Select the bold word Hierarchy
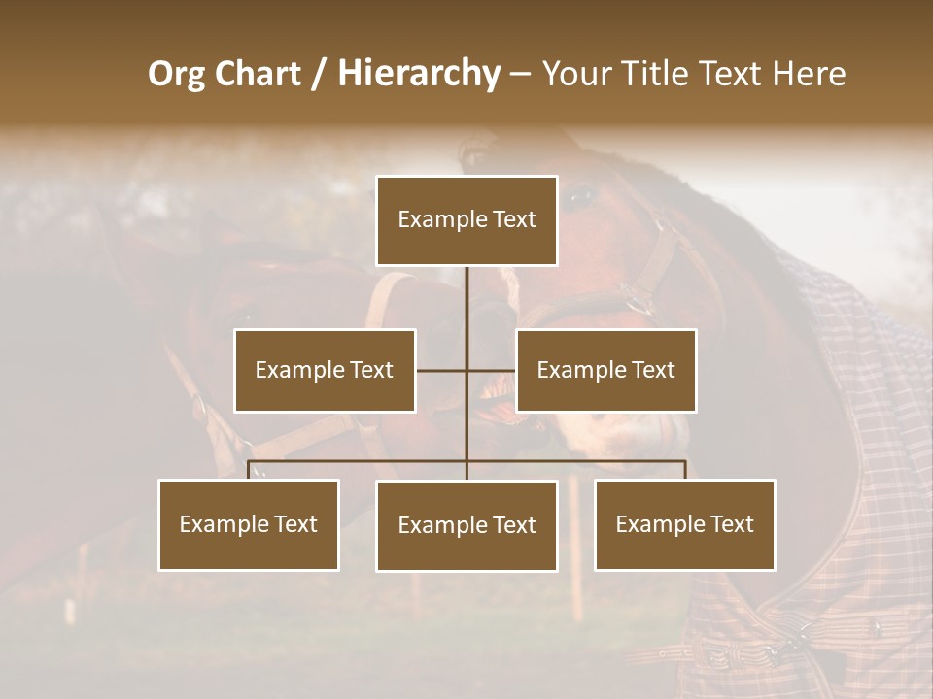[418, 74]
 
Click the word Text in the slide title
[733, 74]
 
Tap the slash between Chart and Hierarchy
[318, 74]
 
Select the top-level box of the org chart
[466, 220]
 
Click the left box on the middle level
[325, 370]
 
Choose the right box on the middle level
[605, 370]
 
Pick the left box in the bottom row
[249, 524]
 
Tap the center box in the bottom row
[466, 525]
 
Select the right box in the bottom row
[684, 524]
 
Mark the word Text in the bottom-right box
[731, 524]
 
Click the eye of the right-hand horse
[580, 197]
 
